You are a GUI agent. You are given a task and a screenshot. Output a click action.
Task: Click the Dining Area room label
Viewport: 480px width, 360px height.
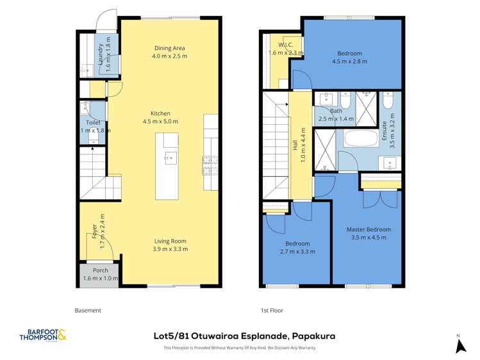click(170, 48)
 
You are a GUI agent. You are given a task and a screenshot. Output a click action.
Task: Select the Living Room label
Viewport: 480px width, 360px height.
click(170, 241)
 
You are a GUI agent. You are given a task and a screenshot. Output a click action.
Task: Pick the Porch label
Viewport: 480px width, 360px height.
click(101, 270)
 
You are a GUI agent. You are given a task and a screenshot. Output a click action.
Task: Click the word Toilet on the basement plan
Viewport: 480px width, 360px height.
click(93, 122)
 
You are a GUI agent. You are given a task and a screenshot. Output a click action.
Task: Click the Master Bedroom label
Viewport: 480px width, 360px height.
click(368, 229)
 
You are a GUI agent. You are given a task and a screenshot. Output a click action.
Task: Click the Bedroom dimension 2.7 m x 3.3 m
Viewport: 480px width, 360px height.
click(297, 251)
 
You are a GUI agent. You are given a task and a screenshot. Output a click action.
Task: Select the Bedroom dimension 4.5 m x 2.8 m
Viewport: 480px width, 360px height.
click(349, 62)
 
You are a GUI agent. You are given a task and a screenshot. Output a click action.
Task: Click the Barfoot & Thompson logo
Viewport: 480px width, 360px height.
click(43, 335)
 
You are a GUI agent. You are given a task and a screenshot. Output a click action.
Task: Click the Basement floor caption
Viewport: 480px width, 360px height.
click(88, 310)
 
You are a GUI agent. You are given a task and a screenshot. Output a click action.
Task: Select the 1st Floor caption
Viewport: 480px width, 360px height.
click(272, 310)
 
